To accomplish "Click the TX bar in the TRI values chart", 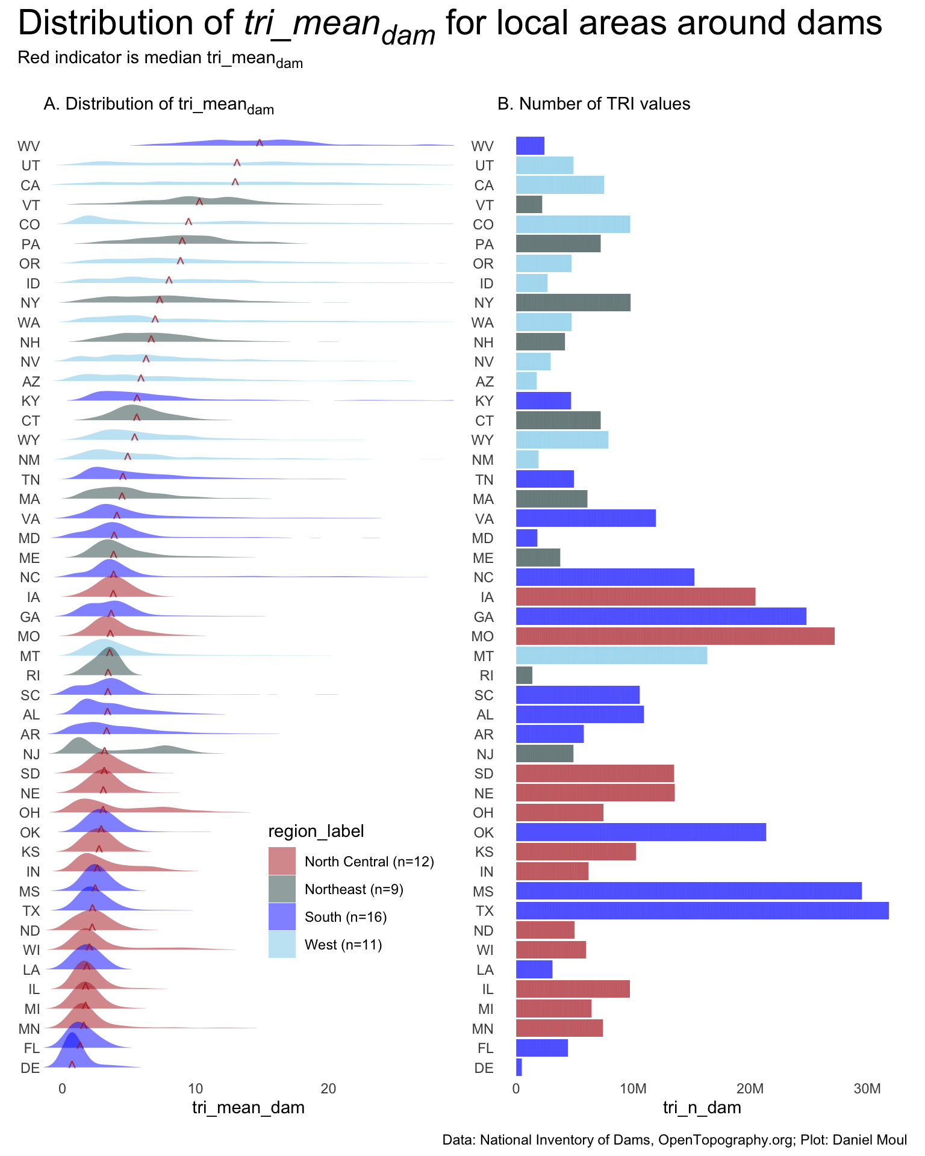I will [x=702, y=910].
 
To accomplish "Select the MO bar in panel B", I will [x=675, y=636].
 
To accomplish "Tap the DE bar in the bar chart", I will [x=519, y=1067].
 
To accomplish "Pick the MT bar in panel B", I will [x=611, y=656].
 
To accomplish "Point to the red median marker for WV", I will [x=260, y=143].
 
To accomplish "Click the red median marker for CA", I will [x=235, y=182].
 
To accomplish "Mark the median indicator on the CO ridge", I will [x=188, y=222].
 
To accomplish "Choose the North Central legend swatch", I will [x=282, y=861].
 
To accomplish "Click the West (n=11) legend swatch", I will [x=282, y=944].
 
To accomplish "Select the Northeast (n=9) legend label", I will [x=354, y=889].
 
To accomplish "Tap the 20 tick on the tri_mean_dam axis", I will [x=328, y=1089].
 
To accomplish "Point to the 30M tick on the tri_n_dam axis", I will [x=867, y=1089].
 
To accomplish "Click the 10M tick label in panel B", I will [x=633, y=1089].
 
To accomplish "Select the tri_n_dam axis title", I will [x=702, y=1107].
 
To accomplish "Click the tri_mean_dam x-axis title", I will [x=248, y=1107].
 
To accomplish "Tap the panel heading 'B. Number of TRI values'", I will [x=594, y=104].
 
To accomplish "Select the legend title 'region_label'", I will [x=316, y=831].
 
